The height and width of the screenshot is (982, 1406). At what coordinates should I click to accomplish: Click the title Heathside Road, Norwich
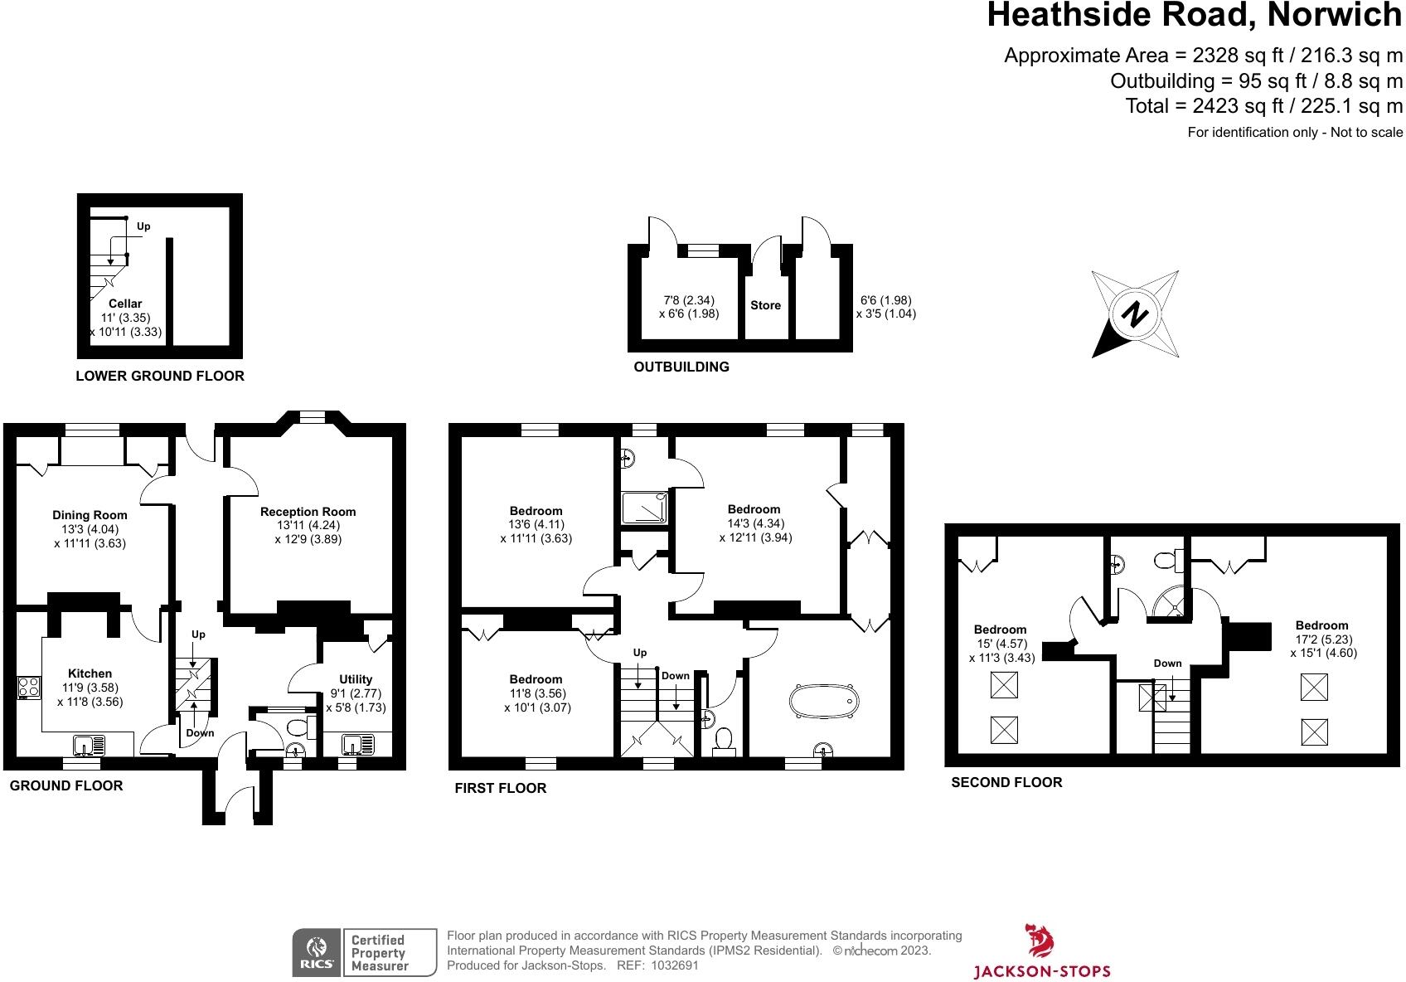1195,15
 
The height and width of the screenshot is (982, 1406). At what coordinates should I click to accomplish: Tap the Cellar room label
125,304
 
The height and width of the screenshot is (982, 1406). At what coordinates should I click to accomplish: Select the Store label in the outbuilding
765,305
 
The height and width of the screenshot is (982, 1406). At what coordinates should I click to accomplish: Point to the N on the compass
1134,314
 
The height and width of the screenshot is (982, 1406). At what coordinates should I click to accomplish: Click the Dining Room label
90,515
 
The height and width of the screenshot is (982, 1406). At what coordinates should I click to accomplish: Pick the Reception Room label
308,512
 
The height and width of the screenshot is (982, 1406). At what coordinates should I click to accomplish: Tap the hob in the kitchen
29,687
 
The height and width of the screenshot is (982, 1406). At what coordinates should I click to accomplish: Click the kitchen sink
90,746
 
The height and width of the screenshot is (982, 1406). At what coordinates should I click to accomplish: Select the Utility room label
356,679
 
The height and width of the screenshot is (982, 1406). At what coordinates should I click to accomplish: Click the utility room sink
358,745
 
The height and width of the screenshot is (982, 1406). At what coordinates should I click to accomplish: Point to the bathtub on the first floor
823,702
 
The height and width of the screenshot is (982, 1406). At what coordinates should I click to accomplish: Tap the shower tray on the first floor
644,508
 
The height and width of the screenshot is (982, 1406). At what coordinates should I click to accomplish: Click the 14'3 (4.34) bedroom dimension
756,523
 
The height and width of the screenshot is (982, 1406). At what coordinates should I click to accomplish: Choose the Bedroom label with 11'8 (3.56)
536,679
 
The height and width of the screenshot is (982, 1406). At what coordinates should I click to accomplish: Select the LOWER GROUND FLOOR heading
160,376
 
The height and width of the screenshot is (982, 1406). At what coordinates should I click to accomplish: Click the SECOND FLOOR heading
1006,782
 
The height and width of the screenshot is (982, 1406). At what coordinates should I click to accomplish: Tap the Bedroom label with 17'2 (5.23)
1322,625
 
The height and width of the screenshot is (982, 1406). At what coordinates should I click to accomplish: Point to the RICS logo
317,952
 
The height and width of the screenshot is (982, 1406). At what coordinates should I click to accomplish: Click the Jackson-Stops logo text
1042,971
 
